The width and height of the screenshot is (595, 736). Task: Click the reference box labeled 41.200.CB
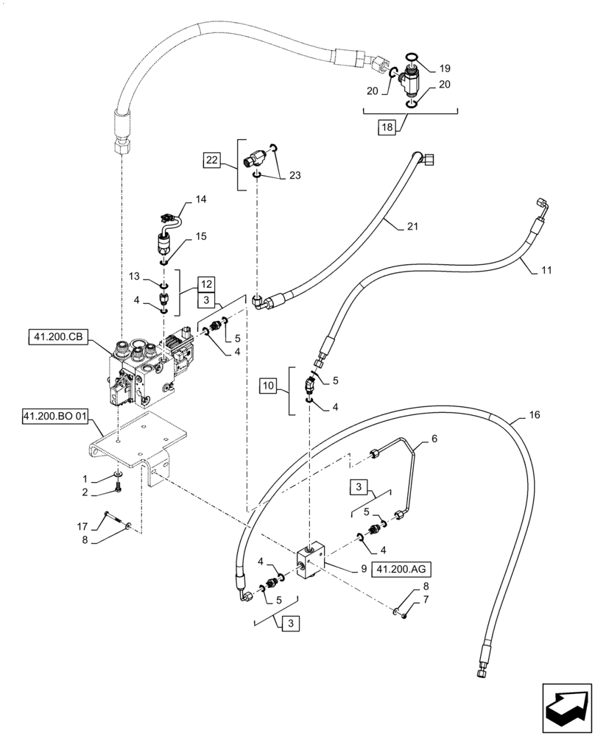point(59,338)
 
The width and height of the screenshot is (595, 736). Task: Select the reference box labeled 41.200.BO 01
point(55,417)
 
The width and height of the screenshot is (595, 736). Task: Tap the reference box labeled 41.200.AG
point(403,569)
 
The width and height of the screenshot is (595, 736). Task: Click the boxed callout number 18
point(388,127)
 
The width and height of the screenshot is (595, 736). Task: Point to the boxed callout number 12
point(206,283)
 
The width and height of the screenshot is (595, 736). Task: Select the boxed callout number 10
point(268,384)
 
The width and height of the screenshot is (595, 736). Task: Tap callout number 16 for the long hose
point(534,416)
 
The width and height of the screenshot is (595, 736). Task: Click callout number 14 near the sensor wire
point(200,200)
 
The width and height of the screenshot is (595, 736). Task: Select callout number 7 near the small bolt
point(424,603)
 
